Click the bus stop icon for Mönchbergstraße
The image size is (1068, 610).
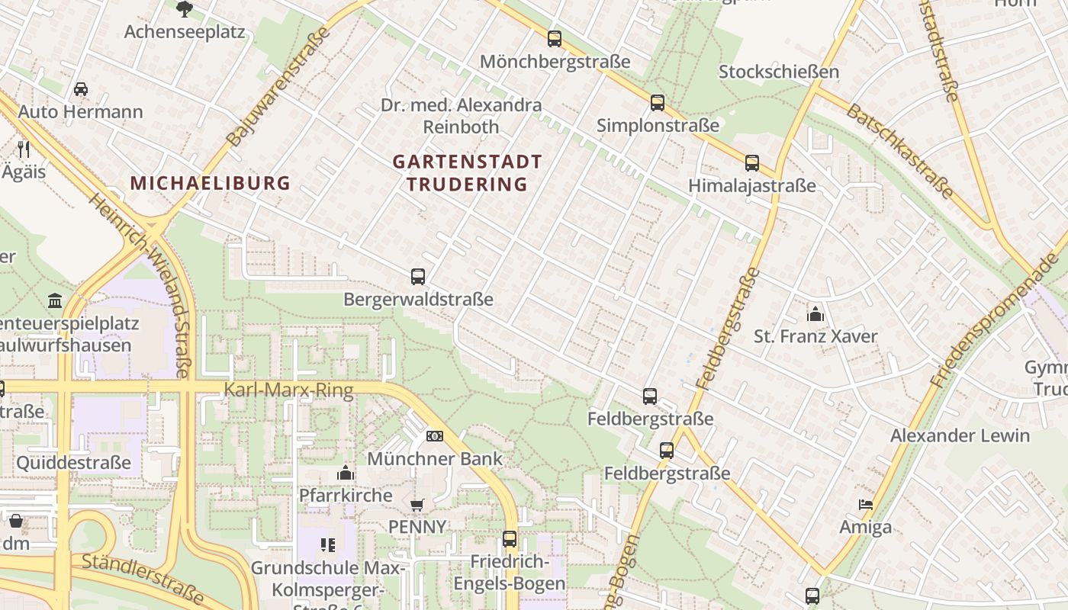point(555,39)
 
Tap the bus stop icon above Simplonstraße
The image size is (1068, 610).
point(658,103)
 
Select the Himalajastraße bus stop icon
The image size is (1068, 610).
point(752,163)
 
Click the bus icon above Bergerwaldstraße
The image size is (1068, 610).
point(418,277)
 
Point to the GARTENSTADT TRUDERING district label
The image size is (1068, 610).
point(467,173)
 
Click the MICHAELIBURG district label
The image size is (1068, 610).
point(211,183)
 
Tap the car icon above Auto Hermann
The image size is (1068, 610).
point(81,89)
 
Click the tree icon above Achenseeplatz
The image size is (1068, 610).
point(184,9)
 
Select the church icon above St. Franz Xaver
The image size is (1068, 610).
point(815,314)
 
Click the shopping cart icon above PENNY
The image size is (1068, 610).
point(417,505)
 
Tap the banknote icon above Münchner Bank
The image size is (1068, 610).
point(435,436)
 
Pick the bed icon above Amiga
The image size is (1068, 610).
point(866,505)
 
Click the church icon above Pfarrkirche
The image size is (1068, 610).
point(346,473)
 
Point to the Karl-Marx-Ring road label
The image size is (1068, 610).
point(288,391)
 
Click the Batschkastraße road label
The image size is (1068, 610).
point(899,151)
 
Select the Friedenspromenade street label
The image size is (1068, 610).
point(995,320)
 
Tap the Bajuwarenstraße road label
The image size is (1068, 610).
point(278,86)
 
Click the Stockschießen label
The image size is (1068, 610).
point(779,72)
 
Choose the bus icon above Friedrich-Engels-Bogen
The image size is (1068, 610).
point(510,539)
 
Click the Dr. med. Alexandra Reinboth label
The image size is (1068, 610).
point(462,116)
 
